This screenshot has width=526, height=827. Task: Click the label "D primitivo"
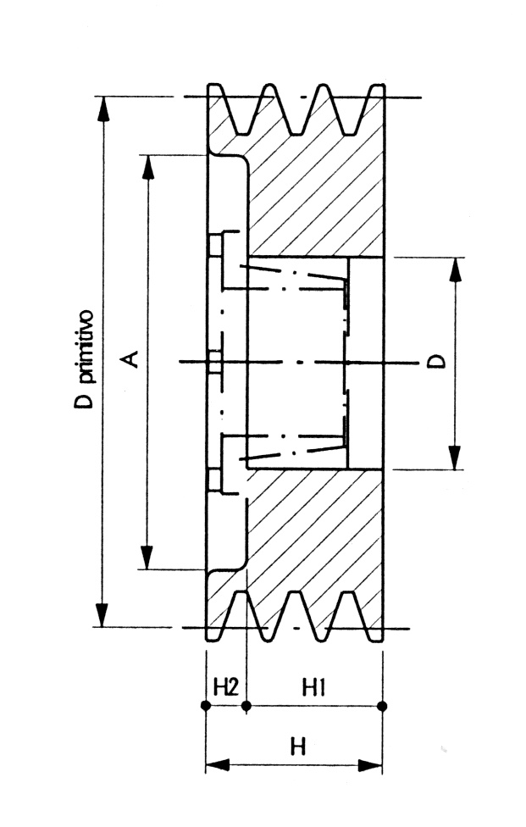[85, 360]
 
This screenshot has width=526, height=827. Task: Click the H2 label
[224, 685]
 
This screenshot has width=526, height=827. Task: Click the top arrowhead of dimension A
[148, 167]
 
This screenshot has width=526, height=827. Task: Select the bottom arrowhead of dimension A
[148, 557]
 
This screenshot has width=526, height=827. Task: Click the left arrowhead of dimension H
[218, 765]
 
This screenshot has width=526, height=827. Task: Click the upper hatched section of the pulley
[313, 195]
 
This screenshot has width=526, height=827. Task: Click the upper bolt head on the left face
[216, 246]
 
